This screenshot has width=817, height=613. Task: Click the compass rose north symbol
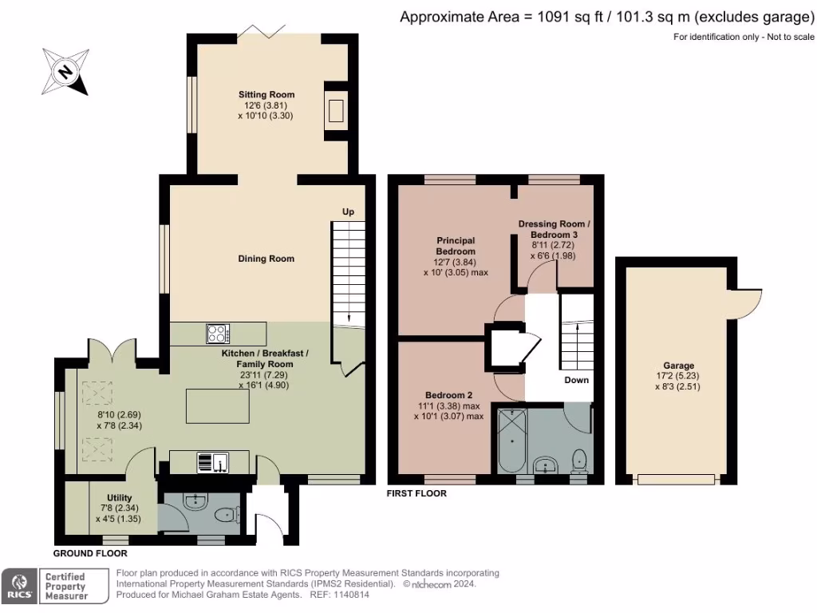pyautogui.click(x=65, y=72)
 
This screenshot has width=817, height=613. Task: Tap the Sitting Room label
pyautogui.click(x=266, y=94)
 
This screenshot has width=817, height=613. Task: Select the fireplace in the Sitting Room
pyautogui.click(x=336, y=111)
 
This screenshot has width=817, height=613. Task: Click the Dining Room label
pyautogui.click(x=266, y=259)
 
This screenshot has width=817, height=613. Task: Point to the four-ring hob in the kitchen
pyautogui.click(x=218, y=334)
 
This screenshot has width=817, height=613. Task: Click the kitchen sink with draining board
pyautogui.click(x=212, y=462)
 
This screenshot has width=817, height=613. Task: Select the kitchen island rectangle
pyautogui.click(x=218, y=406)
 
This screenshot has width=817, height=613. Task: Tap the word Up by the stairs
pyautogui.click(x=348, y=212)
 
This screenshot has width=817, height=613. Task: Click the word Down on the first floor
pyautogui.click(x=576, y=380)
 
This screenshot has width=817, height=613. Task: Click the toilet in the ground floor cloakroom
pyautogui.click(x=227, y=515)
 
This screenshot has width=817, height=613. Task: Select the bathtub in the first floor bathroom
pyautogui.click(x=512, y=441)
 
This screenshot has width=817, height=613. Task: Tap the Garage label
pyautogui.click(x=678, y=366)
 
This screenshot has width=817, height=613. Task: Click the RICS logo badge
pyautogui.click(x=20, y=586)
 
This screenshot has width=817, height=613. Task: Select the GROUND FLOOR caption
pyautogui.click(x=90, y=553)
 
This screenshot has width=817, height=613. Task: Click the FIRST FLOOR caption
pyautogui.click(x=416, y=493)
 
